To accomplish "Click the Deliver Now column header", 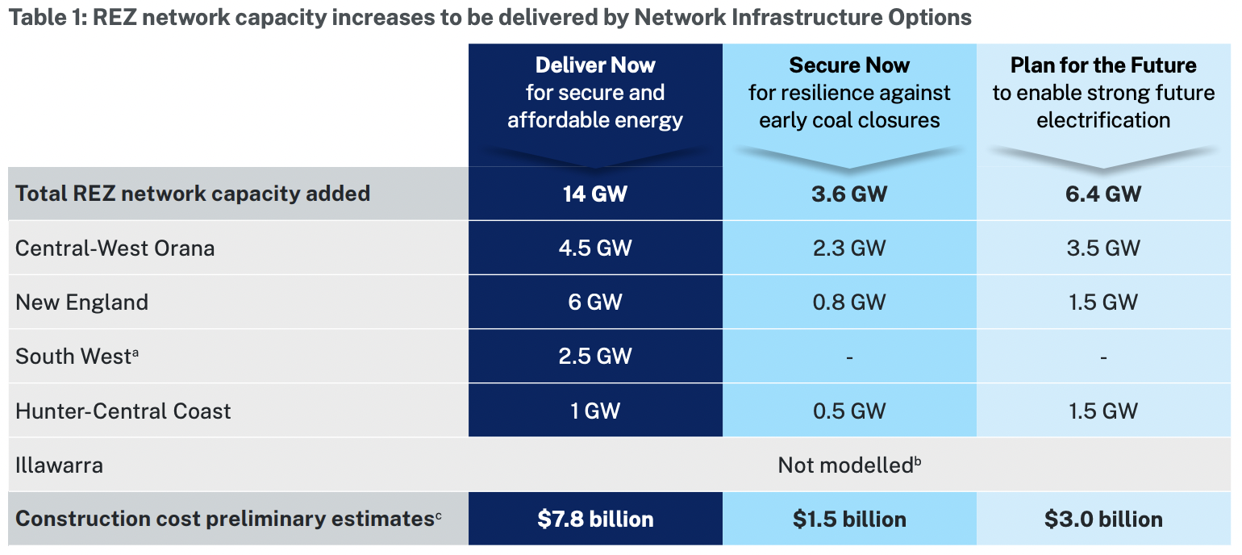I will click(595, 93).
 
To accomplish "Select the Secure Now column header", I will click(849, 93).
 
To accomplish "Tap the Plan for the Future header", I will click(1103, 93).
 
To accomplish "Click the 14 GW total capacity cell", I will click(595, 194).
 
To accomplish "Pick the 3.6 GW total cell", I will click(849, 194).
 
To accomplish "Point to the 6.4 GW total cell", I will click(1103, 194).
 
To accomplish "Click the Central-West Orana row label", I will click(115, 248).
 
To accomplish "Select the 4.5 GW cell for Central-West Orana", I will click(595, 248).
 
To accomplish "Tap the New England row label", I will click(82, 303).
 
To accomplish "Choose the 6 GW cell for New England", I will click(595, 303).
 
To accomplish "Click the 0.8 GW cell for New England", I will click(849, 303).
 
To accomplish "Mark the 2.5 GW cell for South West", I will click(595, 357).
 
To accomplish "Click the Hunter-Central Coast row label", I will click(123, 411).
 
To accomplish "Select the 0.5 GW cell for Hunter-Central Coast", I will click(849, 411).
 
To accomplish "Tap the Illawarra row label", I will click(59, 465).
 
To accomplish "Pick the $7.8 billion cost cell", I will click(595, 519).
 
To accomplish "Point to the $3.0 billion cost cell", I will click(1103, 519).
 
